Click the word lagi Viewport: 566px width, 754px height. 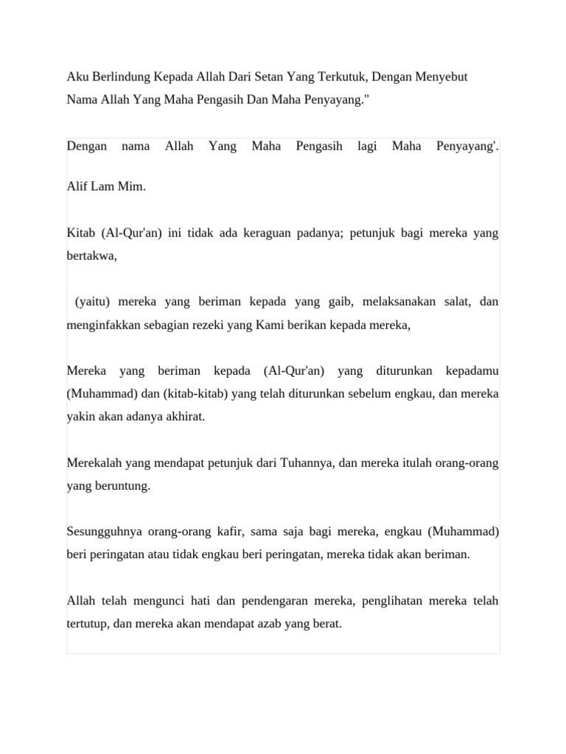367,146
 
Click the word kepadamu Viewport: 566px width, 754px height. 472,370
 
